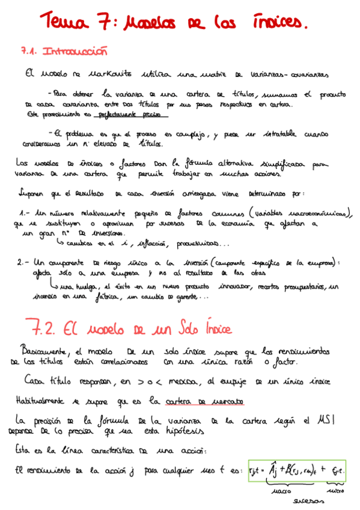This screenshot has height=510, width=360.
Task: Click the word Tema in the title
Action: (64, 23)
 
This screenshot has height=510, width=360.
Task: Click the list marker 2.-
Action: (23, 262)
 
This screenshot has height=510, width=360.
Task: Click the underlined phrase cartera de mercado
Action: (202, 401)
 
